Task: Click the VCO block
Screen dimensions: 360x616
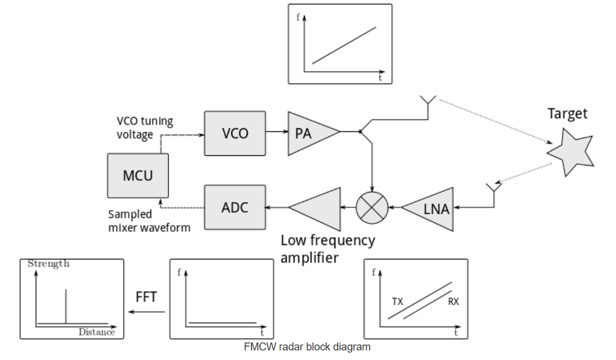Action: tap(235, 133)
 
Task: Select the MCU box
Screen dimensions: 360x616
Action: tap(138, 175)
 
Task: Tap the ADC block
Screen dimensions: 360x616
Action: tap(235, 208)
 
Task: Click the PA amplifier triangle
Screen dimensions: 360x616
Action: tap(310, 133)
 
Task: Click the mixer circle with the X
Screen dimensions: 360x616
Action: tap(372, 208)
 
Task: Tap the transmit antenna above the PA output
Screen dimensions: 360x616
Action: tap(428, 102)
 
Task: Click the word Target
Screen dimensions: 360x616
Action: tap(567, 113)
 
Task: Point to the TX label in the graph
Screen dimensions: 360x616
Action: tap(398, 301)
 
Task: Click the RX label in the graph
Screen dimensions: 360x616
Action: tap(453, 302)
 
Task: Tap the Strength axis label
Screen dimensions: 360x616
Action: tap(49, 264)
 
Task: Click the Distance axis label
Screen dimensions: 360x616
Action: tap(96, 332)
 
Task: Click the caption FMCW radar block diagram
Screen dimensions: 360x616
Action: tap(307, 347)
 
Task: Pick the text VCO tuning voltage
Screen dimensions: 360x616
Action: tap(144, 128)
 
